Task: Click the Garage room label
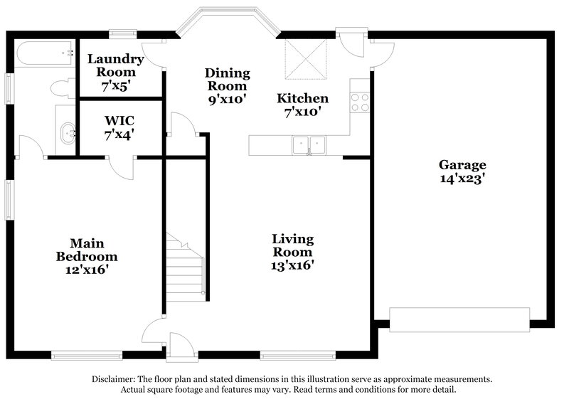pyautogui.click(x=462, y=164)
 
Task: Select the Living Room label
pyautogui.click(x=292, y=245)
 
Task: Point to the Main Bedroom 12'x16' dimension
pyautogui.click(x=87, y=270)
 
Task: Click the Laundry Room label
pyautogui.click(x=115, y=65)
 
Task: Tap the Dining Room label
pyautogui.click(x=227, y=79)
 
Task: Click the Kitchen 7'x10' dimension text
pyautogui.click(x=302, y=112)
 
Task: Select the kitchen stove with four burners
pyautogui.click(x=360, y=103)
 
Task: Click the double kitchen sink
pyautogui.click(x=308, y=145)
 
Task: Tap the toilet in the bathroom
pyautogui.click(x=60, y=87)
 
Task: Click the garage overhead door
pyautogui.click(x=460, y=319)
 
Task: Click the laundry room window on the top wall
pyautogui.click(x=122, y=32)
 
